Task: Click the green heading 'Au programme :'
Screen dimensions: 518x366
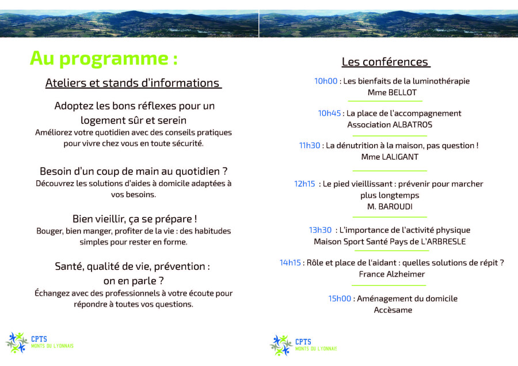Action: coord(104,59)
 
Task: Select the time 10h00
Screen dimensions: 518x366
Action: coord(326,81)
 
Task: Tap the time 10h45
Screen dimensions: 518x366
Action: coord(329,113)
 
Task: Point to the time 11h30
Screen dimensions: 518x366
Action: coord(310,145)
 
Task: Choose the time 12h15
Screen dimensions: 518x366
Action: coord(304,184)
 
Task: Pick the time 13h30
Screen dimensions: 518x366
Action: coord(320,230)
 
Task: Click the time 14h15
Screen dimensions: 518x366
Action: coord(290,263)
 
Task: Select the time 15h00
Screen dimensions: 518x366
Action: coord(340,299)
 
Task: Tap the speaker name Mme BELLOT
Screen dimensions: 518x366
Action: coord(392,92)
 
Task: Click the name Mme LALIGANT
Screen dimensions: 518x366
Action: coord(390,157)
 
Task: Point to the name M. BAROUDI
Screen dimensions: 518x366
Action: coord(390,206)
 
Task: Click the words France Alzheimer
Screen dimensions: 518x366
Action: coord(392,274)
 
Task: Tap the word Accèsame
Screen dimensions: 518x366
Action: coord(393,310)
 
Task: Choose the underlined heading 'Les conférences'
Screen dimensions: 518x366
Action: coord(385,62)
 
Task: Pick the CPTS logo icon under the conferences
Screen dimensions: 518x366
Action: coord(281,345)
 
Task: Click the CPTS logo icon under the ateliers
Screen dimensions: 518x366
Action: coord(17,343)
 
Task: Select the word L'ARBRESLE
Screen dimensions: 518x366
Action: coord(443,242)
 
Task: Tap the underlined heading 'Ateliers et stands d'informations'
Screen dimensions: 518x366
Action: coord(133,83)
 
